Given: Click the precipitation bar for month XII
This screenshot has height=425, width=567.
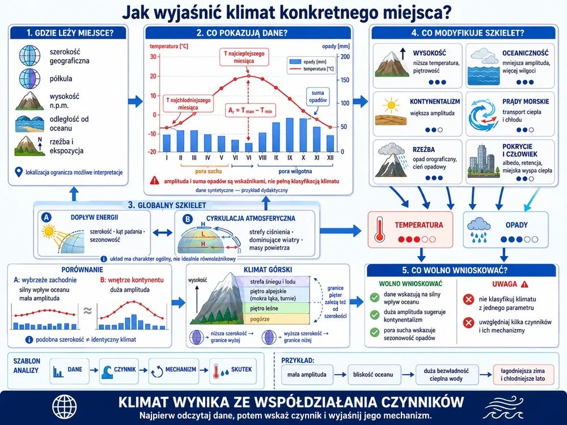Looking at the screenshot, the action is tap(330, 143).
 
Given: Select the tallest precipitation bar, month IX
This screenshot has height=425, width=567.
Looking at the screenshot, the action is tap(290, 135).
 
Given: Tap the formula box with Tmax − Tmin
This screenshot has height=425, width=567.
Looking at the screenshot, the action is tap(250, 110).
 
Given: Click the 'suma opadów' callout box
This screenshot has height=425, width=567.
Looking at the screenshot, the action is tap(318, 96).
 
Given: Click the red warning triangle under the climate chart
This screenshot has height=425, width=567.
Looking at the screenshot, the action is tap(154, 181).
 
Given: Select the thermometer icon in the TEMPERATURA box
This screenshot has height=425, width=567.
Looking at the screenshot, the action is tap(379, 229).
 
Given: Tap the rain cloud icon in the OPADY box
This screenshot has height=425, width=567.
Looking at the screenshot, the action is tap(479, 229).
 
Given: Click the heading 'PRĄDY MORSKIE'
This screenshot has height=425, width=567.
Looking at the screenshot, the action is tap(526, 101).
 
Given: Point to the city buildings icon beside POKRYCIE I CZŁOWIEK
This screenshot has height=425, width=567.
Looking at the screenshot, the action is tap(481, 161).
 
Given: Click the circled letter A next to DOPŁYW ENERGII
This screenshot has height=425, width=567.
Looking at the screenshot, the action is tap(46, 217).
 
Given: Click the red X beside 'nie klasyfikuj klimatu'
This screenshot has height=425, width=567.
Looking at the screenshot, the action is tap(469, 299).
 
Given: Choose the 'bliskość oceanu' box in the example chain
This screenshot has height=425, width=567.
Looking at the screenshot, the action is tap(373, 375).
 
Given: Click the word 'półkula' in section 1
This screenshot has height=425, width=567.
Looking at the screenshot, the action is tap(61, 78).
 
